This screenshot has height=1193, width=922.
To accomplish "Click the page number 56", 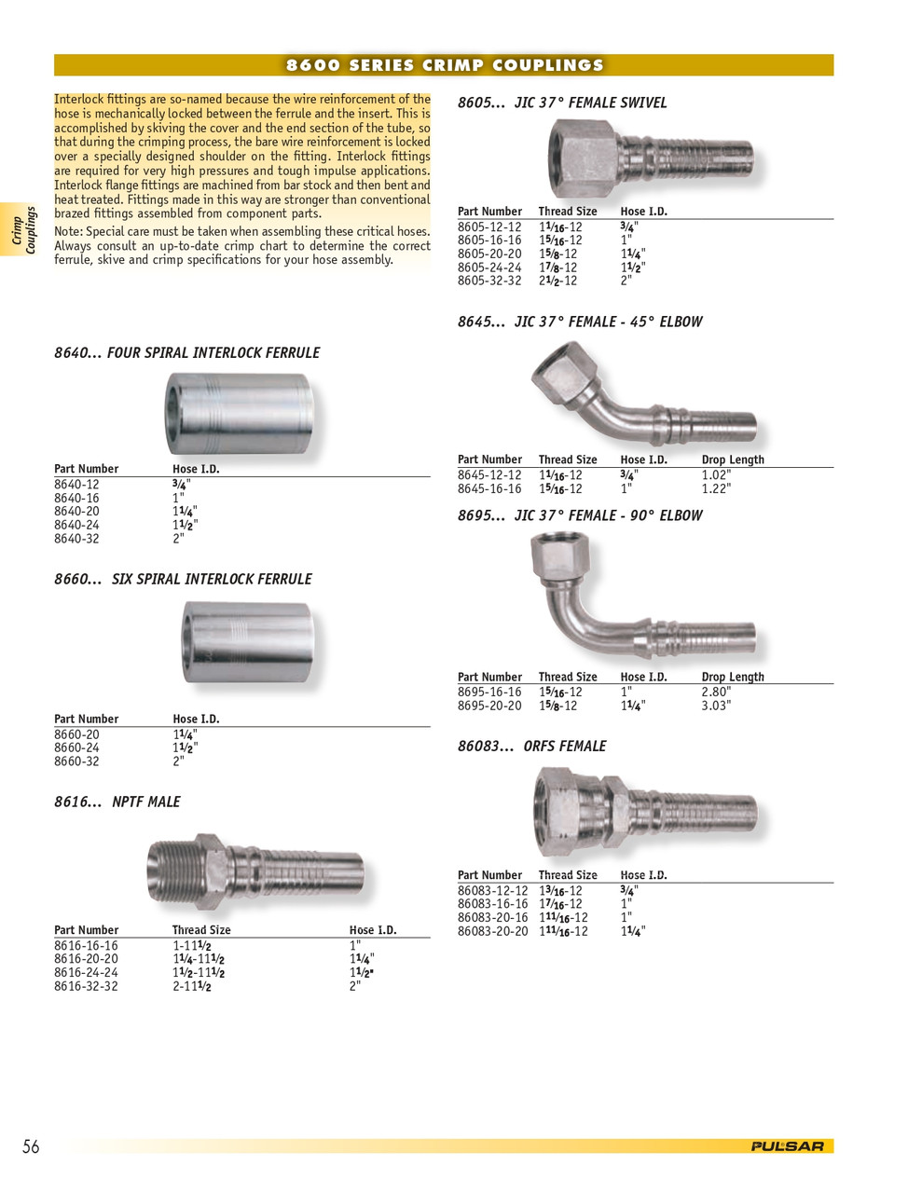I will [31, 1146].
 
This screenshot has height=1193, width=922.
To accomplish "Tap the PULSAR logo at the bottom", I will [787, 1146].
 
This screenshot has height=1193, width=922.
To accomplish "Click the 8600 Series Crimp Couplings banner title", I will [444, 65].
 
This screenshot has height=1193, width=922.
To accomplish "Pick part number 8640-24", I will [76, 525].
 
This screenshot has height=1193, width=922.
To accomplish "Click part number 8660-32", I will [76, 761].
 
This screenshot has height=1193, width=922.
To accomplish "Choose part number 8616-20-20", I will [86, 959].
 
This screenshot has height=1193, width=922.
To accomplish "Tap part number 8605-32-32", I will [489, 281].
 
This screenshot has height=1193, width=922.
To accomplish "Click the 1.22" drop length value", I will [716, 489].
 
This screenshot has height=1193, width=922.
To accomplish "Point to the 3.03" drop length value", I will [716, 706].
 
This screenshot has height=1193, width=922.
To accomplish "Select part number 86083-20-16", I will [492, 918].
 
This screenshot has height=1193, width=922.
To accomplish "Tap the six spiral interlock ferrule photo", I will [246, 642].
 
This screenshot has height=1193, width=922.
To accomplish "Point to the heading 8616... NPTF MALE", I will [117, 802].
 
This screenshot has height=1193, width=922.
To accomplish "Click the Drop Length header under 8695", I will [733, 677].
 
